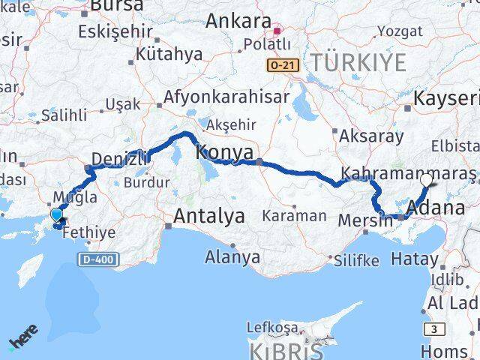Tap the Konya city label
pos(224,152)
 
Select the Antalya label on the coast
pos(209,217)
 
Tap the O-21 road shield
pos(283,66)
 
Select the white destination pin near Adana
pos(426,180)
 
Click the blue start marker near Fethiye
pos(57,215)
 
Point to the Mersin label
pos(366,221)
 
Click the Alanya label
pos(232,257)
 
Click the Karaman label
pos(294,216)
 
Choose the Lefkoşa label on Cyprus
pos(272,328)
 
